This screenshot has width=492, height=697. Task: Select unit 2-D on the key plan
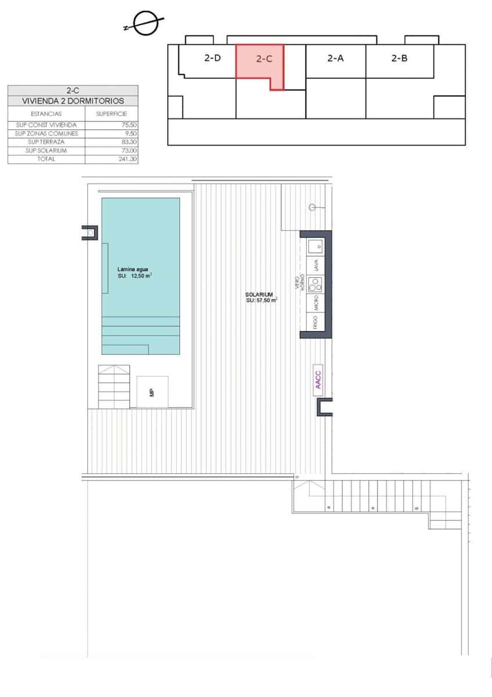coord(213,58)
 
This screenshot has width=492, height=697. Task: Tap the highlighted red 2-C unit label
coord(264,59)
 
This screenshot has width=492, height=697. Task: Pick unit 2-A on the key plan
coord(335,58)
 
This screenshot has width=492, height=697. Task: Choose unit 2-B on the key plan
coord(399,58)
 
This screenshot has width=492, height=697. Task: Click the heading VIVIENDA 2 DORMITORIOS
coord(73,100)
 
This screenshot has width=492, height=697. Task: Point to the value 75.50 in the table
coord(129,125)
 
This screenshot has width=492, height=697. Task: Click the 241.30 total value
coord(128,159)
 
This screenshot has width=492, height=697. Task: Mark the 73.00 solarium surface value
coord(130,150)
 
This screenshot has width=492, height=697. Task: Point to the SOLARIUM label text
coord(259,295)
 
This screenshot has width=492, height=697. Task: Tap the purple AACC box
coord(318,379)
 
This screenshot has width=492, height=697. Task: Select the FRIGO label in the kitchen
coord(315,322)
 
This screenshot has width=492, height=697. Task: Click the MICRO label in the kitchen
coord(315,303)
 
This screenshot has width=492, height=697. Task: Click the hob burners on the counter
coord(315,284)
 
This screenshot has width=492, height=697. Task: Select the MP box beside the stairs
coord(152,392)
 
